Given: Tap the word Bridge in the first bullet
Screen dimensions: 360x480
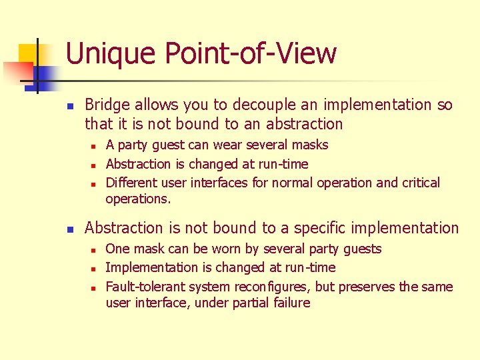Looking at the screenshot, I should pos(107,105).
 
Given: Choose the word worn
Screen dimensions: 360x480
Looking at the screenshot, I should pos(230,249).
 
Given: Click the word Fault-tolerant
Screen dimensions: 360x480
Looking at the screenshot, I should pos(145,287).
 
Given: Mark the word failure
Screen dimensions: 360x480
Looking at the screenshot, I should pos(290,303).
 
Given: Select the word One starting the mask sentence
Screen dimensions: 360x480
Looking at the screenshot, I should pos(117,249).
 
